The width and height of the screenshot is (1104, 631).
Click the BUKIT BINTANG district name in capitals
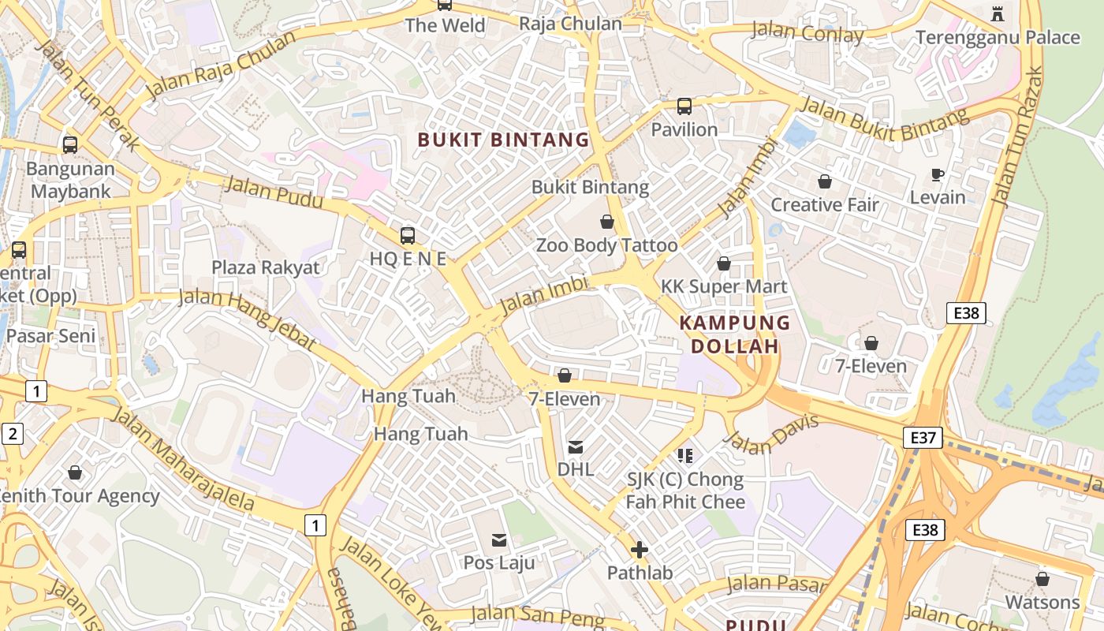(x=503, y=140)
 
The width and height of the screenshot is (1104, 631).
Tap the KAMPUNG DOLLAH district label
(x=735, y=334)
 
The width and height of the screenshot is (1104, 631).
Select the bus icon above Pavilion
(x=684, y=106)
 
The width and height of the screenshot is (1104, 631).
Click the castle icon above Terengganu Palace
(x=998, y=13)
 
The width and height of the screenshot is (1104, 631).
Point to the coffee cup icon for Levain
(x=938, y=174)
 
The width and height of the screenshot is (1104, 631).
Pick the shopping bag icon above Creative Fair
(x=824, y=181)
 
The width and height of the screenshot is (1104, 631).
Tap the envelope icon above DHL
(x=576, y=447)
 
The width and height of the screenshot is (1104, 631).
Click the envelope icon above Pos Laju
(x=499, y=540)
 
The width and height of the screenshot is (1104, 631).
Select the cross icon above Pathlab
(x=640, y=549)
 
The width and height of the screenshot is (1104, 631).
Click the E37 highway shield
(x=923, y=437)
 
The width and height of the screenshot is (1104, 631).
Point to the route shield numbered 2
(x=13, y=433)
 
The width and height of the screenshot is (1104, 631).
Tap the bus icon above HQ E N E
(x=408, y=235)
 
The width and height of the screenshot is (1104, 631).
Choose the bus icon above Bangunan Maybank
(x=70, y=144)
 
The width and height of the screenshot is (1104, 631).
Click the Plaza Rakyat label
(x=266, y=267)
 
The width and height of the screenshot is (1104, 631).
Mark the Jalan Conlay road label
(x=807, y=33)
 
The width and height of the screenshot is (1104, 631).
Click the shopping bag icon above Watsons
(x=1042, y=579)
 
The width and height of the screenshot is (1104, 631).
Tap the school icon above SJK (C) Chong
(x=684, y=455)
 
